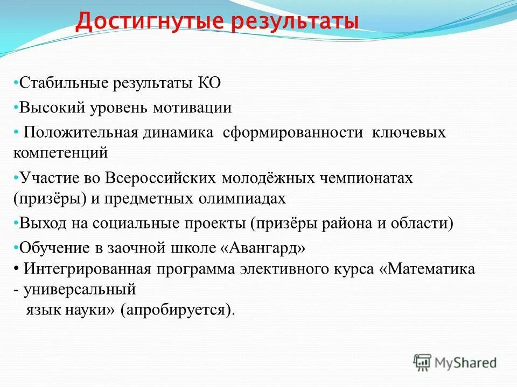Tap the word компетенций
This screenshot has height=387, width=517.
coord(61,153)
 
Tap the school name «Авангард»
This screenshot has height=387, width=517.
coord(263,248)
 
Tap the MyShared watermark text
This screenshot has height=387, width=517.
coord(466,363)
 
